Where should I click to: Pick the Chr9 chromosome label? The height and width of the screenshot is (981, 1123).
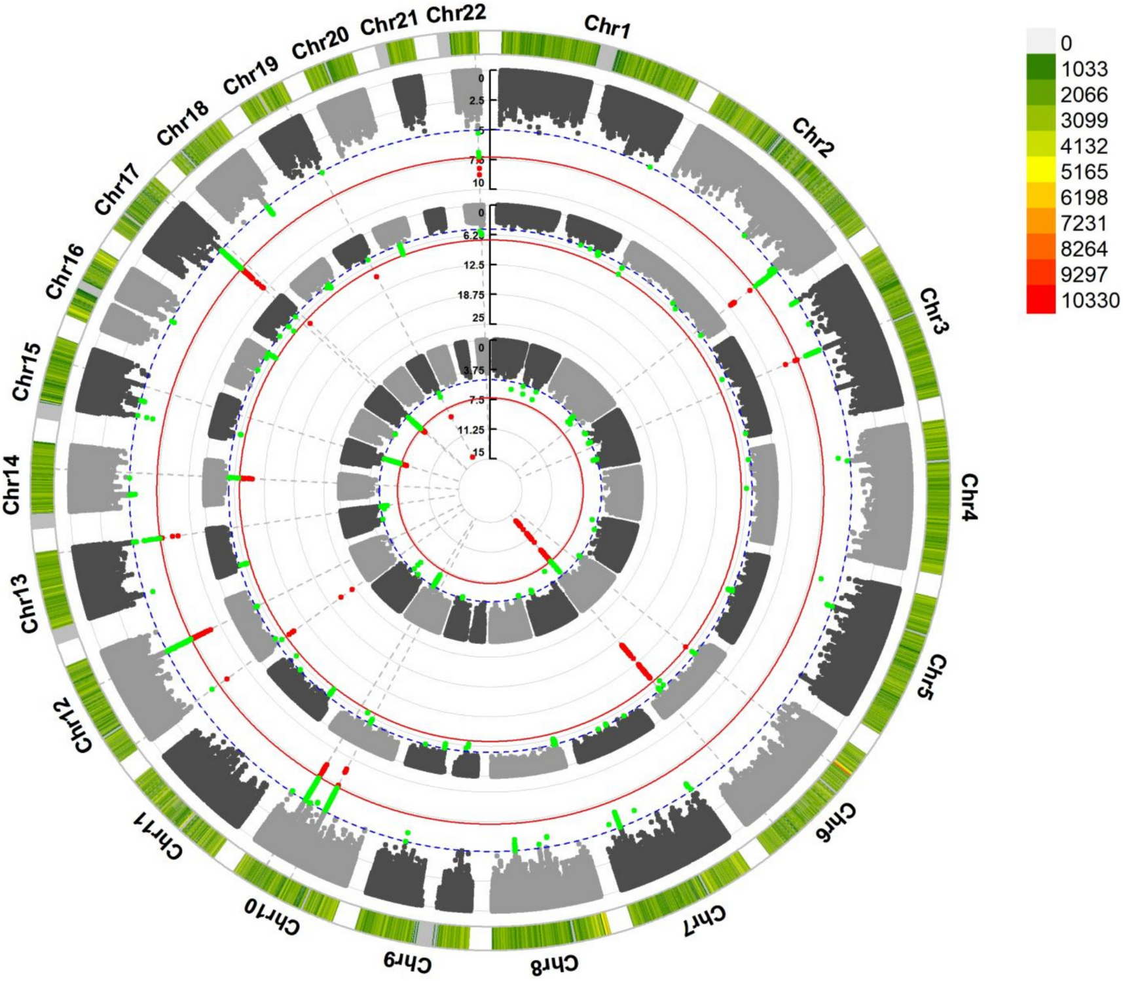(407, 961)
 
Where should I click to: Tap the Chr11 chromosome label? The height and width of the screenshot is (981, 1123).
(157, 836)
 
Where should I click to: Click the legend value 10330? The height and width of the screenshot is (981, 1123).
(1090, 301)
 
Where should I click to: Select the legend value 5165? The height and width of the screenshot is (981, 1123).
(1084, 172)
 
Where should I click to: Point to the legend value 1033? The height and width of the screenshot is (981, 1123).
(1084, 69)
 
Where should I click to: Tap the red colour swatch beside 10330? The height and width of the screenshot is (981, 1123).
(1040, 300)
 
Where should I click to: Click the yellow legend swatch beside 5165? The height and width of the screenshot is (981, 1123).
(1040, 172)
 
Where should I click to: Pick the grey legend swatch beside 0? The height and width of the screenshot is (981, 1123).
(1040, 41)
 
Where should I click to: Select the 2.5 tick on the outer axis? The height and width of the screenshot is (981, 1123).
(477, 100)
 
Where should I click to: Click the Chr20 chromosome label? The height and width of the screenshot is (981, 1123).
(320, 46)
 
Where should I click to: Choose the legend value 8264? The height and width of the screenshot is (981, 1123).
(1084, 249)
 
